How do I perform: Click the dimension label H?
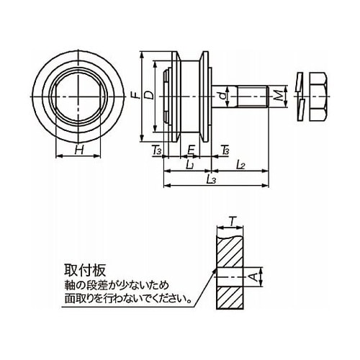tap(79, 150)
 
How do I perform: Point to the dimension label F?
tap(136, 96)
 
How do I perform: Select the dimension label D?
tap(150, 96)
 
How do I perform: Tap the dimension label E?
tap(190, 150)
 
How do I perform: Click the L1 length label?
tap(190, 165)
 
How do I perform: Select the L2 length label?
tap(240, 165)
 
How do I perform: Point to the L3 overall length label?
tap(211, 179)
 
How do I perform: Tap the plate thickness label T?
tap(232, 221)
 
